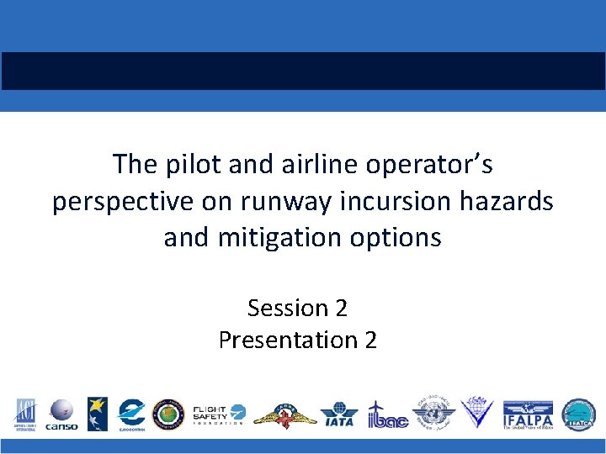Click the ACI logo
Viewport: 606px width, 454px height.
[24, 414]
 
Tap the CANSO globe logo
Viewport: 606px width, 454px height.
[61, 414]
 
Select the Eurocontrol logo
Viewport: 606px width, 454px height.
[131, 414]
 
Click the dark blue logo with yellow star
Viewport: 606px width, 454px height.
[97, 414]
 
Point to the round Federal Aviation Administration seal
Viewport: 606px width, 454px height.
[168, 414]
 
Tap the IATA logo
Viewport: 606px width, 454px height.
[338, 414]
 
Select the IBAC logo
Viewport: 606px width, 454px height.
[387, 414]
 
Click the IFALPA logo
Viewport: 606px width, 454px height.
[528, 414]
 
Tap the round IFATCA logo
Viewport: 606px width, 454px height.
[578, 414]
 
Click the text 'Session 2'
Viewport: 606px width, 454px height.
[297, 309]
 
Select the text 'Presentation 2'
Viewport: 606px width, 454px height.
[297, 340]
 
